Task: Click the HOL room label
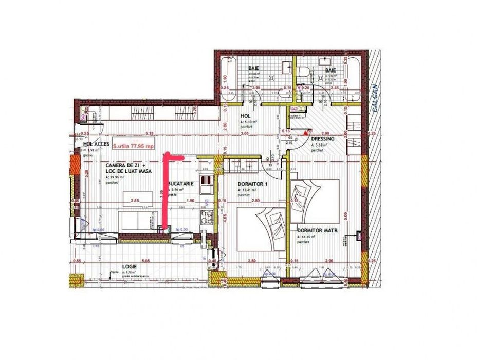[245, 116]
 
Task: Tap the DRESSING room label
[323, 139]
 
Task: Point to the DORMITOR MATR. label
[317, 231]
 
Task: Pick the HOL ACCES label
[97, 145]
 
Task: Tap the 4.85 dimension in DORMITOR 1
[225, 217]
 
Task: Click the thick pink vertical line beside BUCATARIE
[164, 195]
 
